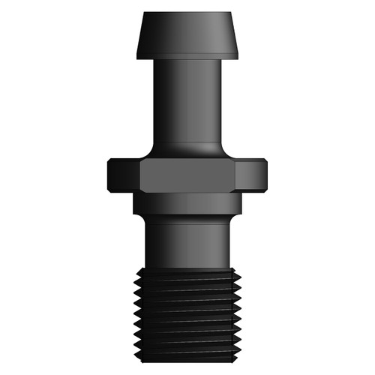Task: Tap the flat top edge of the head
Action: (187, 13)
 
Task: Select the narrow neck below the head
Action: (187, 97)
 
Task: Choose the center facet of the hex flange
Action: (187, 175)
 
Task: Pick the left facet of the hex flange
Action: (124, 175)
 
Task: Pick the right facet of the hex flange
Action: (251, 175)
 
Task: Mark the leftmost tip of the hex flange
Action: (108, 175)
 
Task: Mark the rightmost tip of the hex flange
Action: (267, 175)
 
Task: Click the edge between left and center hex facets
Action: (140, 175)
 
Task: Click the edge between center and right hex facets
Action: (235, 175)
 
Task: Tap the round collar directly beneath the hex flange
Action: (187, 203)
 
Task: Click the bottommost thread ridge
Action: (187, 350)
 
